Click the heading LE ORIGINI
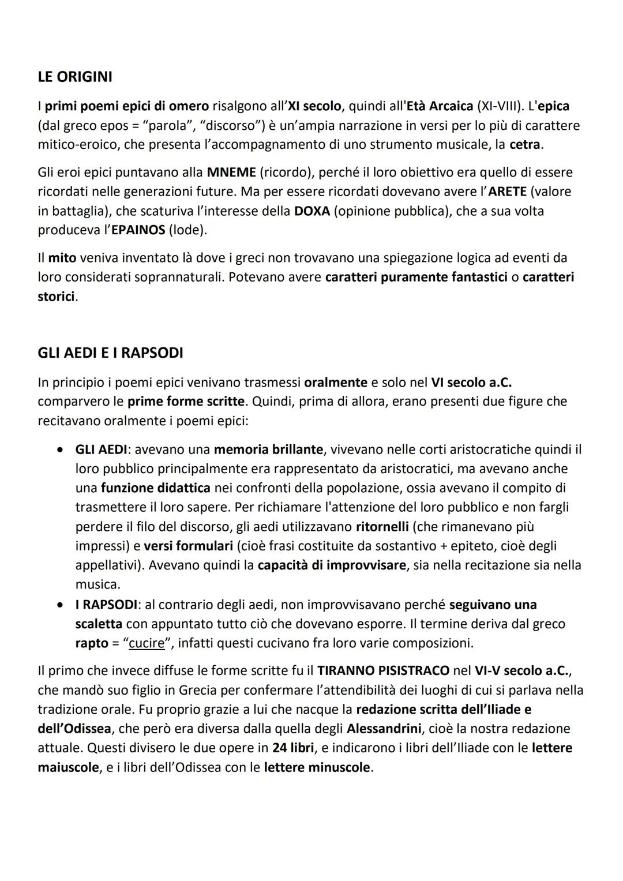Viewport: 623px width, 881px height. [75, 77]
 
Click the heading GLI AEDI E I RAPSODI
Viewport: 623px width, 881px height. [110, 353]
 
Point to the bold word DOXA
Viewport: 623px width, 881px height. [311, 211]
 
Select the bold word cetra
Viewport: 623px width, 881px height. [525, 144]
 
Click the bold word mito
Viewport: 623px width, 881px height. [62, 257]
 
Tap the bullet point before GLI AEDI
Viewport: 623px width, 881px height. [60, 449]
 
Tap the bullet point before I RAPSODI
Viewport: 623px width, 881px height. [60, 605]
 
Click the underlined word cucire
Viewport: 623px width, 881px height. [147, 643]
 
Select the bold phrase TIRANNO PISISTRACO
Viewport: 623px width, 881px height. [383, 670]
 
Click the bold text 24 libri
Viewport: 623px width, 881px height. [294, 748]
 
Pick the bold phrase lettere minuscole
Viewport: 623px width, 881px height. [317, 768]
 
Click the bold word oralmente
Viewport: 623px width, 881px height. [335, 382]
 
